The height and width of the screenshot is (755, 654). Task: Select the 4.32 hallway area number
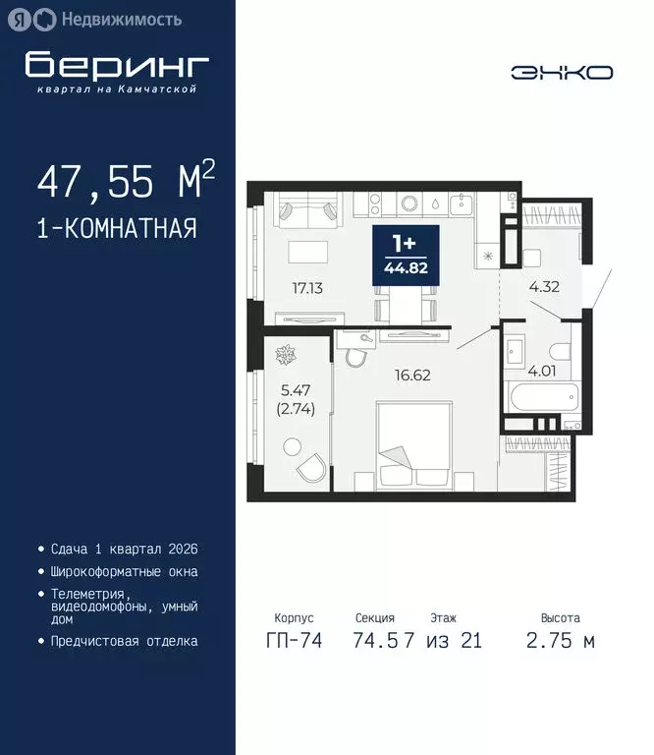coord(544,289)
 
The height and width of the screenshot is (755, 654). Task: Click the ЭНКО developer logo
coord(562,73)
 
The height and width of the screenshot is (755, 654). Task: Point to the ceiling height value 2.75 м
coord(561,641)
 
